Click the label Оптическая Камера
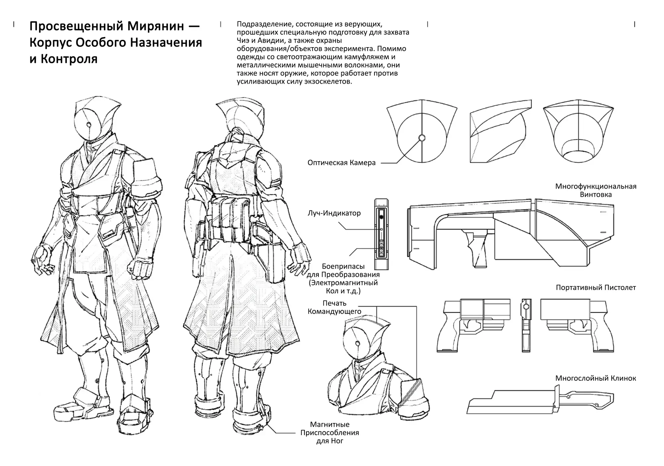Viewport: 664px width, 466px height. click(341, 163)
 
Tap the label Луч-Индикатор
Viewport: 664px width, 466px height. click(334, 213)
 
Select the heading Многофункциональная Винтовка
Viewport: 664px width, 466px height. click(596, 191)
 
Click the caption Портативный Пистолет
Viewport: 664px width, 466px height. click(596, 287)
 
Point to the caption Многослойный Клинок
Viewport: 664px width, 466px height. click(596, 378)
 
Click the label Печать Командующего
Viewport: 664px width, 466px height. click(334, 307)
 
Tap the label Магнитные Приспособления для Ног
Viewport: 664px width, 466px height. click(330, 432)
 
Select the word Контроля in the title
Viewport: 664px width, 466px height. click(69, 59)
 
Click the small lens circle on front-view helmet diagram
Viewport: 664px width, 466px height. click(422, 138)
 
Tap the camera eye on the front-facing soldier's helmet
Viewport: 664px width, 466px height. click(89, 125)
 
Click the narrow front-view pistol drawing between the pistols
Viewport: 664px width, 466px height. click(526, 325)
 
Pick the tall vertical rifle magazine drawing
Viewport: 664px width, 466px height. click(381, 234)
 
